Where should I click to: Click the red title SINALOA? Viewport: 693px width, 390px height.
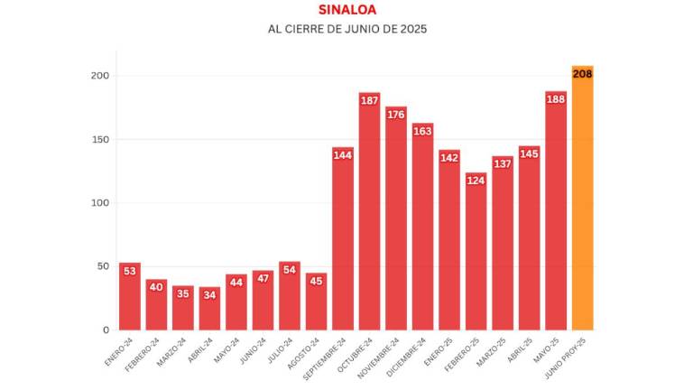346,10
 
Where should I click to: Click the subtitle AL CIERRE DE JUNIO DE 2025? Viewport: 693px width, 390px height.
346,29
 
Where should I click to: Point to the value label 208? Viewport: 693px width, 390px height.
582,73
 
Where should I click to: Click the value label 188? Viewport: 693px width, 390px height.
556,98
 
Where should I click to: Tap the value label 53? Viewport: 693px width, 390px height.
130,270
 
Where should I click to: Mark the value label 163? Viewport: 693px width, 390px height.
422,130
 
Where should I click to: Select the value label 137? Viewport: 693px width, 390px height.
503,163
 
